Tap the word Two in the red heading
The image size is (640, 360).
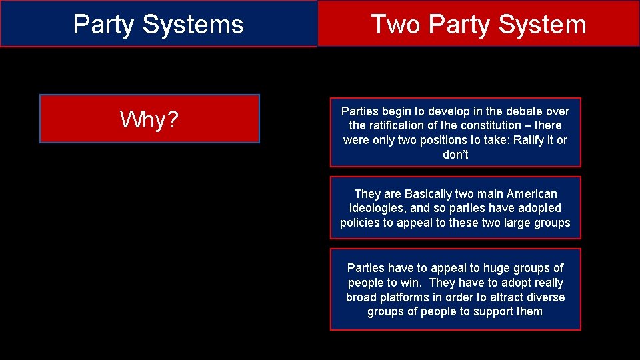coord(395,25)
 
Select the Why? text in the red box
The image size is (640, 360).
coord(149,119)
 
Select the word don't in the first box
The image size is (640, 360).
coord(455,155)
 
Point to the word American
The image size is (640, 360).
coord(531,194)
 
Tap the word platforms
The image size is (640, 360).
coord(404,297)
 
